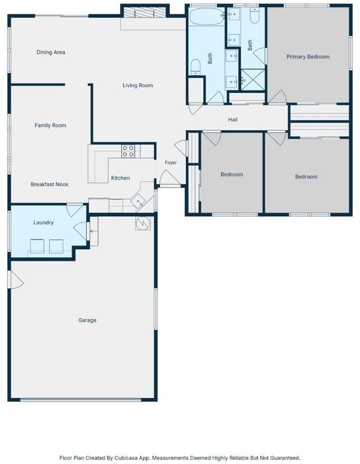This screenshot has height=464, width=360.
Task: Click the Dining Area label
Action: pyautogui.click(x=50, y=52)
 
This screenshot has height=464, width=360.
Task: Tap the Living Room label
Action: pyautogui.click(x=138, y=85)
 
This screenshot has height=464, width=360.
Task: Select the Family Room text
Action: pyautogui.click(x=50, y=125)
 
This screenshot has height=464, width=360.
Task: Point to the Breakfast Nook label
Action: pyautogui.click(x=49, y=184)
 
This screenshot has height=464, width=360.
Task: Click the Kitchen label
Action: pyautogui.click(x=121, y=178)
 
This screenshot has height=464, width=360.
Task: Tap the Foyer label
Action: pyautogui.click(x=170, y=163)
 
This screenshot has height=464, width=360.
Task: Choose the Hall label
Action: pyautogui.click(x=233, y=120)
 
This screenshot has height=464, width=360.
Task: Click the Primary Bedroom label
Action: pyautogui.click(x=308, y=57)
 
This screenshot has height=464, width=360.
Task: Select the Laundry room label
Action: pyautogui.click(x=43, y=223)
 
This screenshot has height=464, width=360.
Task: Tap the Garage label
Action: pyautogui.click(x=87, y=320)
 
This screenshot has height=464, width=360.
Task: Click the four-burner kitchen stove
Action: pyautogui.click(x=128, y=151)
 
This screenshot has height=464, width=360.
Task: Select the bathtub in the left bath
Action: pyautogui.click(x=207, y=17)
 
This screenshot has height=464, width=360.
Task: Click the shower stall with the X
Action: pyautogui.click(x=253, y=80)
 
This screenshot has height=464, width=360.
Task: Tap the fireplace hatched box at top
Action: pyautogui.click(x=145, y=13)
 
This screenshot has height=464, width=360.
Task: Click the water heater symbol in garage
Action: pyautogui.click(x=143, y=223)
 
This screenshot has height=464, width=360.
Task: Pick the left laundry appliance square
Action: pyautogui.click(x=37, y=246)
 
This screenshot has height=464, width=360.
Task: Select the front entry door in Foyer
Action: pyautogui.click(x=170, y=178)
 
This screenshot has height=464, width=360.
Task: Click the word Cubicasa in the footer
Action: pyautogui.click(x=125, y=458)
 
